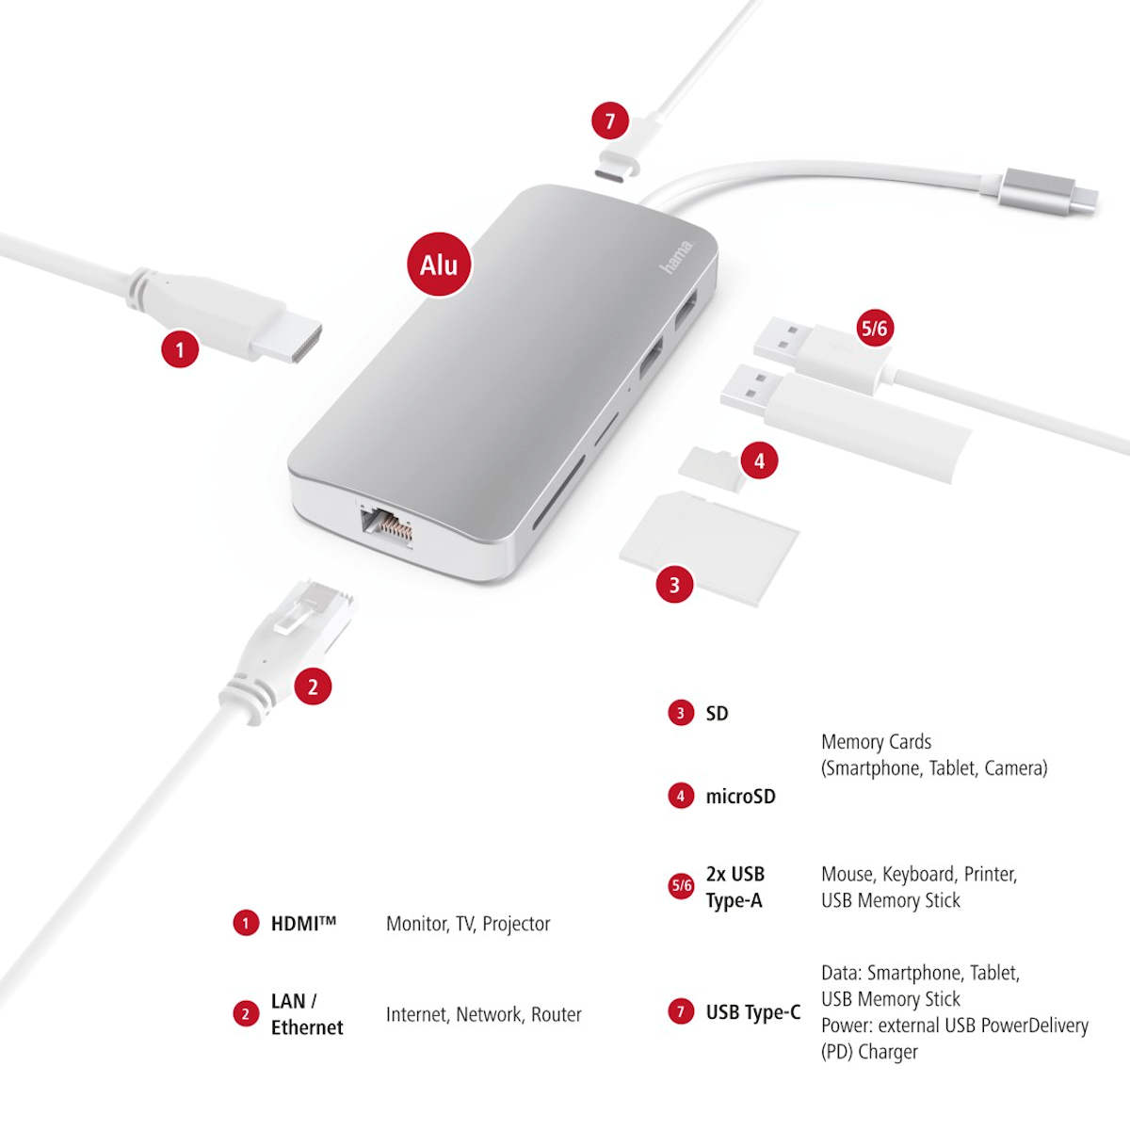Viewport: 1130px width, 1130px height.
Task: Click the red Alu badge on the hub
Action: point(439,265)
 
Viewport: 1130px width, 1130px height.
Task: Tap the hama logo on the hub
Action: point(677,256)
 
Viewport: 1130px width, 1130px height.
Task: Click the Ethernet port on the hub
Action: point(386,523)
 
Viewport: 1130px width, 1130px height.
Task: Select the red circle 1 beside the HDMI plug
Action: point(180,349)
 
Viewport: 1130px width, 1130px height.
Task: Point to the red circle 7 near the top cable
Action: point(610,121)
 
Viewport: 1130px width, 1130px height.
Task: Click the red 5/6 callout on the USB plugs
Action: point(874,328)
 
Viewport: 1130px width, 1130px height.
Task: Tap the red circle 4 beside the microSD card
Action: point(759,460)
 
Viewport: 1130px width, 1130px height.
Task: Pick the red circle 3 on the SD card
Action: point(674,584)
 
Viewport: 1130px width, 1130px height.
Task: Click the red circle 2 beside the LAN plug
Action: point(313,686)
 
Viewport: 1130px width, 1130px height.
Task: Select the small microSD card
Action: point(711,469)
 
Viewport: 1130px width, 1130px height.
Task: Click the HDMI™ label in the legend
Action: point(303,924)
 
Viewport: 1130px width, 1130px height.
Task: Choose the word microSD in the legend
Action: point(741,797)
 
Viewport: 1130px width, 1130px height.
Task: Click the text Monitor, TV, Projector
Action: point(468,924)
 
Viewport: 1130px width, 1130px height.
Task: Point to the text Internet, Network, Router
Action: point(484,1014)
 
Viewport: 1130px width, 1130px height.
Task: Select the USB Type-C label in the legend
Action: point(753,1012)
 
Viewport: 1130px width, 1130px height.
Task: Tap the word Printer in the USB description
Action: point(991,874)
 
